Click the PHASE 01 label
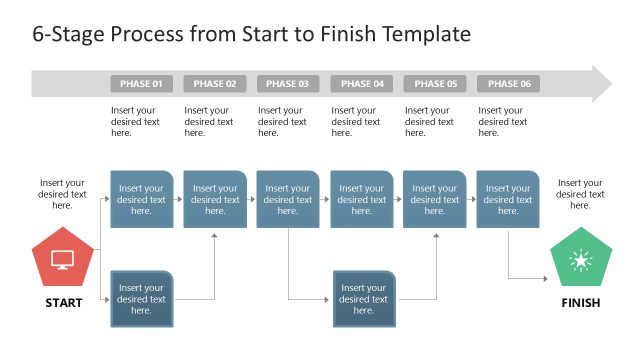tap(142, 84)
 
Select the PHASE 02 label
tap(215, 84)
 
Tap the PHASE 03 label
tap(288, 84)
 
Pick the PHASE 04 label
tap(362, 84)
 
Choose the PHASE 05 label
tap(435, 84)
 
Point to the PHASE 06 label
tap(509, 84)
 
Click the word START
tap(63, 303)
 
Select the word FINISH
tap(580, 303)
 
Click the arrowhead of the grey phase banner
tap(601, 84)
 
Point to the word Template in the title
tap(424, 34)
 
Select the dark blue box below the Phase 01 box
tap(142, 299)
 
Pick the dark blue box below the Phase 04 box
tap(364, 299)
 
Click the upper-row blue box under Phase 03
tap(288, 199)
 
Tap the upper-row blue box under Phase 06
tap(508, 199)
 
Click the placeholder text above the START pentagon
tap(63, 194)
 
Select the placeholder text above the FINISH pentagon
tap(580, 194)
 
